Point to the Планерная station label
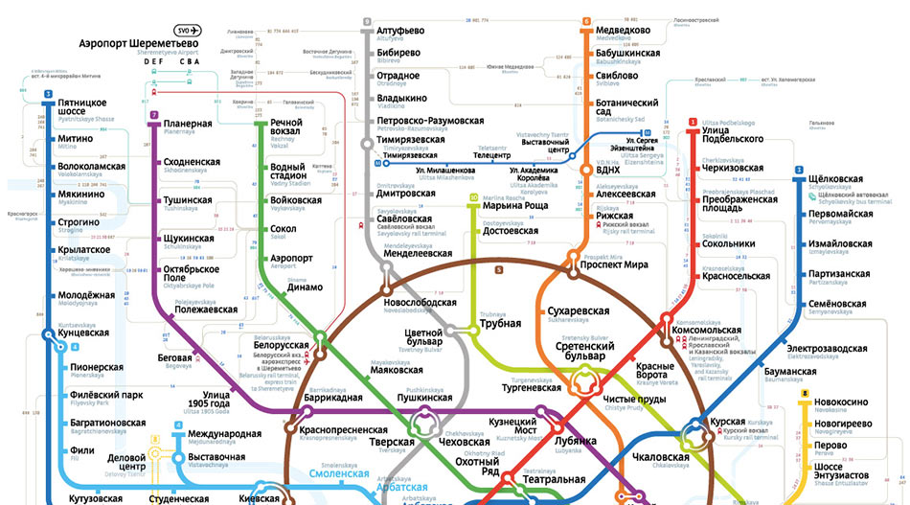[188, 124]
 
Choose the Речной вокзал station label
[286, 128]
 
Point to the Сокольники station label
[729, 244]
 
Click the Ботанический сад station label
[627, 107]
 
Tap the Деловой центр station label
[126, 463]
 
